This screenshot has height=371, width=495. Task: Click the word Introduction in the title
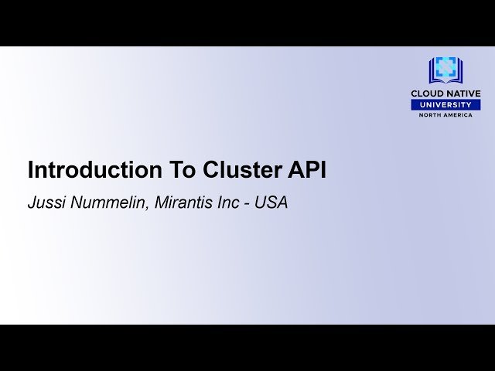tap(87, 170)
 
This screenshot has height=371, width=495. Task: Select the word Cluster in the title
tap(241, 170)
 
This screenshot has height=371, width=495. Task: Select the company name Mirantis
tap(183, 204)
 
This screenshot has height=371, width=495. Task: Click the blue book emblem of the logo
tap(445, 70)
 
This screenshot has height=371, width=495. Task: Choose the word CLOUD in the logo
tap(428, 94)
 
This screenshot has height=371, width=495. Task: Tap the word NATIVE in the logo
tap(463, 94)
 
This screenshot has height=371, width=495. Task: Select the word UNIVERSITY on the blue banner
tap(445, 104)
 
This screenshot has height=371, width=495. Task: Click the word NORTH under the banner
tap(431, 115)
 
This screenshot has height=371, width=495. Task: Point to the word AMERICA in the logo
tap(459, 115)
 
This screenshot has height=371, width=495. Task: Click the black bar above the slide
tap(247, 22)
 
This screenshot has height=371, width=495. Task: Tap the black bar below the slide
tap(247, 348)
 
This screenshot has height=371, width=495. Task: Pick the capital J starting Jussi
tap(32, 204)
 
